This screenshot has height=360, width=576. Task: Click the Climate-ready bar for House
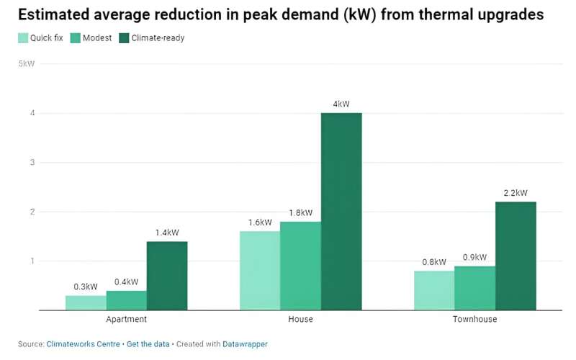pyautogui.click(x=341, y=212)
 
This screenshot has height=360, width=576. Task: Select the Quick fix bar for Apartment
pyautogui.click(x=86, y=302)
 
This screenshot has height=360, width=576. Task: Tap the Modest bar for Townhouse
pyautogui.click(x=474, y=288)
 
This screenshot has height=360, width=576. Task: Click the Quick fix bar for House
pyautogui.click(x=260, y=271)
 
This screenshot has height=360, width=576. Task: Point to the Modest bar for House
pyautogui.click(x=300, y=266)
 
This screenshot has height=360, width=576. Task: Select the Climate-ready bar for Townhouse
pyautogui.click(x=516, y=256)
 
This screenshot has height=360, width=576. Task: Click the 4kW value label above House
pyautogui.click(x=341, y=104)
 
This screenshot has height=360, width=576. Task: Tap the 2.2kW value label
pyautogui.click(x=516, y=193)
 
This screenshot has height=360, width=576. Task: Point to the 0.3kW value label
pyautogui.click(x=86, y=287)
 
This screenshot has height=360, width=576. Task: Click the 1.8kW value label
pyautogui.click(x=300, y=213)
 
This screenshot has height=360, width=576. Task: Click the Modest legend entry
pyautogui.click(x=91, y=38)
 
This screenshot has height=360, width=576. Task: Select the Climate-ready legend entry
pyautogui.click(x=151, y=38)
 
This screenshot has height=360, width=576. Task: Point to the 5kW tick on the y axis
pyautogui.click(x=26, y=64)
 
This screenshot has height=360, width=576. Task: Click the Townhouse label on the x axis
pyautogui.click(x=474, y=319)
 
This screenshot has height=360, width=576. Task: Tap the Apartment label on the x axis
pyautogui.click(x=126, y=319)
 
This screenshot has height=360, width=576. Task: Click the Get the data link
pyautogui.click(x=148, y=344)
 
